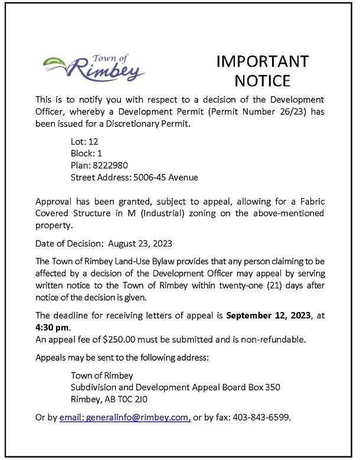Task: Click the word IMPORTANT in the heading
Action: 262,62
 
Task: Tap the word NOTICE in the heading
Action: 262,81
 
